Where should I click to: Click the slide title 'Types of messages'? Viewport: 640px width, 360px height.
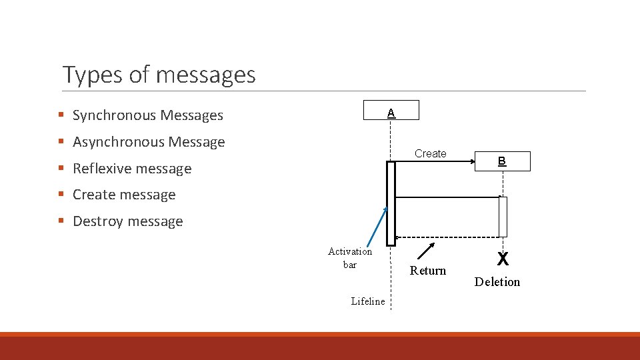click(159, 74)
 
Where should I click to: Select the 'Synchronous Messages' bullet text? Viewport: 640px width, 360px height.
click(147, 115)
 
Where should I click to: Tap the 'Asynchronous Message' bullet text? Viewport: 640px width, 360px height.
click(149, 142)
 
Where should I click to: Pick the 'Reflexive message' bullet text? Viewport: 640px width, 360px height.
click(132, 169)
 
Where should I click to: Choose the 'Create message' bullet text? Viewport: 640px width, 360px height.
click(124, 195)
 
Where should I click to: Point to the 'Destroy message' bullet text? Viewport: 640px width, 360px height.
click(127, 221)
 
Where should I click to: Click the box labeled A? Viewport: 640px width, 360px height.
click(391, 110)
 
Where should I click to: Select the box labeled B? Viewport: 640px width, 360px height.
click(502, 161)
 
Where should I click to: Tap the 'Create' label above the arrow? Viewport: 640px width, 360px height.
click(430, 153)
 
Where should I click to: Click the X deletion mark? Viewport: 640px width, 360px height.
click(503, 259)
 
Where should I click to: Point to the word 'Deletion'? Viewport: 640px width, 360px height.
click(497, 282)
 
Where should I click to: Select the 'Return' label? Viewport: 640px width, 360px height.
click(428, 270)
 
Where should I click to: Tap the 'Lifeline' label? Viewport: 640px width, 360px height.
click(368, 301)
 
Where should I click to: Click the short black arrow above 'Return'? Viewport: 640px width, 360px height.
click(426, 251)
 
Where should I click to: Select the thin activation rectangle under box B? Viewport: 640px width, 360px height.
click(503, 217)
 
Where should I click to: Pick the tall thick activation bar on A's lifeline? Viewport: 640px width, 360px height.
click(391, 203)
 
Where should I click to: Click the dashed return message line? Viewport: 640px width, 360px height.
click(447, 237)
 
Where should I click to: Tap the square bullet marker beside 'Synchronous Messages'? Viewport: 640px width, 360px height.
click(61, 115)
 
